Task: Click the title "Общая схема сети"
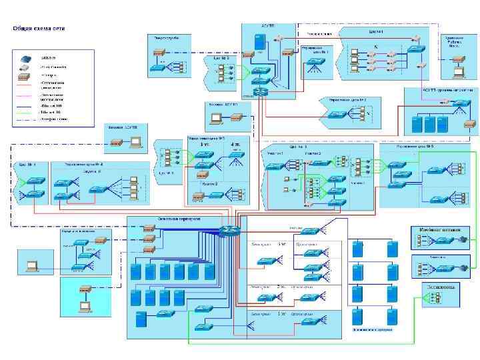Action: [41, 29]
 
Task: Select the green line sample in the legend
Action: [24, 113]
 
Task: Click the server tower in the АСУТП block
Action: [259, 41]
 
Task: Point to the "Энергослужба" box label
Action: [166, 38]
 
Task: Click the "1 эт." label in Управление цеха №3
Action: [203, 143]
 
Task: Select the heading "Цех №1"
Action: [375, 31]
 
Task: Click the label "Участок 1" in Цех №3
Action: [276, 153]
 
